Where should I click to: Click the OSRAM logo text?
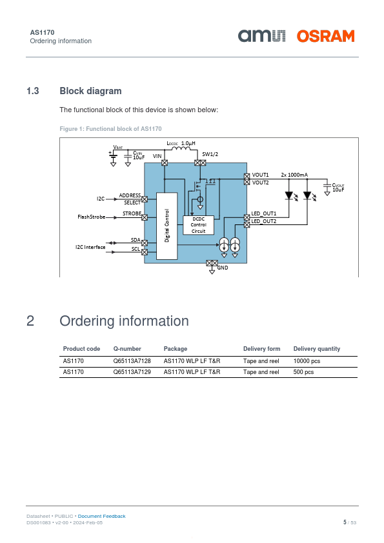(x=325, y=36)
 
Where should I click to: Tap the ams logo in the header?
(x=261, y=36)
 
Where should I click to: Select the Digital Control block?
(x=167, y=226)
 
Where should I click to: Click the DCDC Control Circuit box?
(x=198, y=225)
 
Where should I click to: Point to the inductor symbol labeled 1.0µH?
(x=181, y=148)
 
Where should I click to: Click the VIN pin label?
(x=157, y=156)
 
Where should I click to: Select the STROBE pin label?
(x=132, y=213)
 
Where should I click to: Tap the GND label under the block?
(x=223, y=268)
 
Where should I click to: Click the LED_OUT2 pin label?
(x=264, y=221)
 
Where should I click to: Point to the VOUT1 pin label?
(x=260, y=175)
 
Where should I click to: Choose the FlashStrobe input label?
(x=92, y=217)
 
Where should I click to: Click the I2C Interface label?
(x=90, y=247)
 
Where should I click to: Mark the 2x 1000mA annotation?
(x=294, y=175)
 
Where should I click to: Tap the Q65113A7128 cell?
(x=132, y=361)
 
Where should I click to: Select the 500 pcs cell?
(x=303, y=372)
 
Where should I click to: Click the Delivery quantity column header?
(x=317, y=349)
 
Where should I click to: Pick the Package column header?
(x=176, y=349)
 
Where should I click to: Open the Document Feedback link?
(x=101, y=517)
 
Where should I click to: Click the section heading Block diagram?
(x=90, y=91)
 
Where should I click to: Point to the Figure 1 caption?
(x=110, y=129)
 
